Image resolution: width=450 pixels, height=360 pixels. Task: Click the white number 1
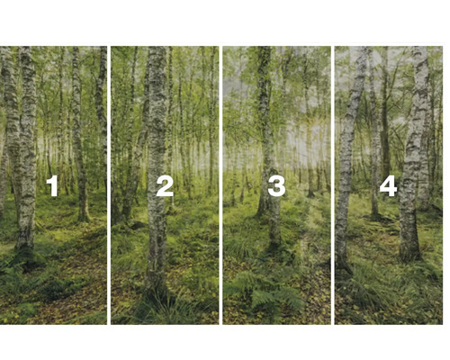52,186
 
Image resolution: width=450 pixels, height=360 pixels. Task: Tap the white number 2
165,186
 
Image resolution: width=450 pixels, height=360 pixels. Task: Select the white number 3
276,186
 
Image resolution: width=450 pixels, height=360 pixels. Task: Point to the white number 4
388,186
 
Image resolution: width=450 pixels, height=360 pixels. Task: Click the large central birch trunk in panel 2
157,135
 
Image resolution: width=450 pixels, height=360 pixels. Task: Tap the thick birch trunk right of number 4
415,153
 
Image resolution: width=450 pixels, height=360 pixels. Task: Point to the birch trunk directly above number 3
265,108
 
